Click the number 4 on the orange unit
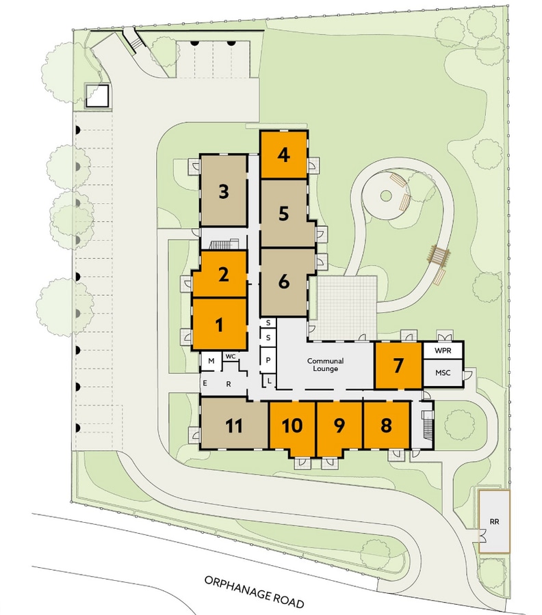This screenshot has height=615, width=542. tap(283, 155)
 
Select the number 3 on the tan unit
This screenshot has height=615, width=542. tap(224, 192)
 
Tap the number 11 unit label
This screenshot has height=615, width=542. tap(234, 426)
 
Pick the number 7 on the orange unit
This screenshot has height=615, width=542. tap(398, 366)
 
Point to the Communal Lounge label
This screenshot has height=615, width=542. tap(325, 365)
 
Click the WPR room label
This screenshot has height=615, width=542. tap(443, 351)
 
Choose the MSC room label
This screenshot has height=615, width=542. tap(443, 372)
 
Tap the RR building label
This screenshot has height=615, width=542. tap(495, 521)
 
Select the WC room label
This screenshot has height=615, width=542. tap(231, 356)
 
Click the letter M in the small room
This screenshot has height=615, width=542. tap(211, 361)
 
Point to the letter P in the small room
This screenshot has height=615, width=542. tap(268, 359)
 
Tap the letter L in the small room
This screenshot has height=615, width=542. tap(270, 381)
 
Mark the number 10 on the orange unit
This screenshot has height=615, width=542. tap(292, 426)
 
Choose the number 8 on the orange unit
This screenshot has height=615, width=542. tap(387, 425)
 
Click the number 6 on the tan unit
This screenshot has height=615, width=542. tap(284, 282)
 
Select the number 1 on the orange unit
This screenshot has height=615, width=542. tap(220, 325)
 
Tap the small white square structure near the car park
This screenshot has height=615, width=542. tap(97, 96)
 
